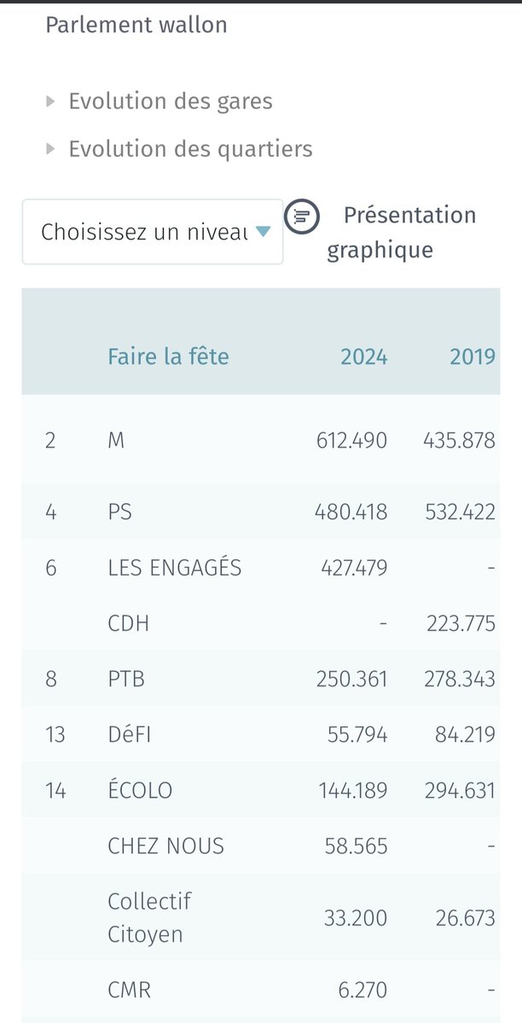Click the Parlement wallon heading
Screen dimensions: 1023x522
pos(136,25)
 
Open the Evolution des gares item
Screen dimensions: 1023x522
pos(171,101)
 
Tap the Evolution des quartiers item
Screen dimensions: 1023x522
pos(190,149)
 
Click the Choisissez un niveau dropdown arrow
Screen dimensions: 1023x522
pos(263,231)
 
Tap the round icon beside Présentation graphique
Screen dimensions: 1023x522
pos(301,217)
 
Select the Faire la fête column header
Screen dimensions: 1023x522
pos(168,355)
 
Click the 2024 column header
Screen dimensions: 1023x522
pos(364,355)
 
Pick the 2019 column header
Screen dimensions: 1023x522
pos(473,355)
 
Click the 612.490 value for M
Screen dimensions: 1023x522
pos(351,441)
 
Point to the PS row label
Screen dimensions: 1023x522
pos(119,512)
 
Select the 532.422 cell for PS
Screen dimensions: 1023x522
pos(460,512)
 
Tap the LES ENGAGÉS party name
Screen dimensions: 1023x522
pos(175,568)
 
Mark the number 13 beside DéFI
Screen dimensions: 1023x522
pos(55,734)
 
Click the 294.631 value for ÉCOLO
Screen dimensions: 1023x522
pos(460,790)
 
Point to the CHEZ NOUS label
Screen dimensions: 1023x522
pos(166,846)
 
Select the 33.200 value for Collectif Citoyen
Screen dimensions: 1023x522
pos(356,918)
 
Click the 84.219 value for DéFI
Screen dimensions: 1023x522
pos(465,734)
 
